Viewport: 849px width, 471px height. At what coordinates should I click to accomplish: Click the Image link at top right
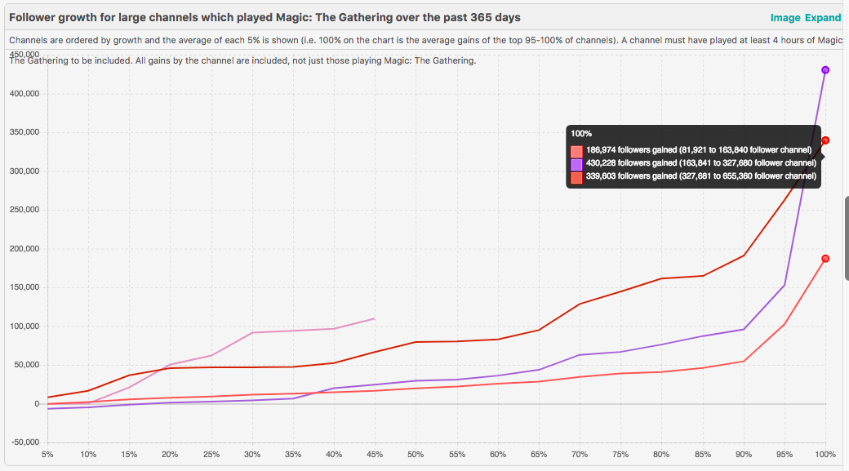pyautogui.click(x=785, y=18)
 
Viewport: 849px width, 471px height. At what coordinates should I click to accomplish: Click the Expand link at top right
pyautogui.click(x=823, y=18)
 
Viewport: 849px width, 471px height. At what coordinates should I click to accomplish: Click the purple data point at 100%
pyautogui.click(x=825, y=70)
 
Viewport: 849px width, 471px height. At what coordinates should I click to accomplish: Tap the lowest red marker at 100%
pyautogui.click(x=825, y=259)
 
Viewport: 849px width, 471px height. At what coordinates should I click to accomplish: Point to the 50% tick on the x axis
pyautogui.click(x=416, y=454)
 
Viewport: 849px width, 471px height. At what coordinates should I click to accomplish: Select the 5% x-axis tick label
pyautogui.click(x=47, y=454)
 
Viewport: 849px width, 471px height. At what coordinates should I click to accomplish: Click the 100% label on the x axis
pyautogui.click(x=825, y=454)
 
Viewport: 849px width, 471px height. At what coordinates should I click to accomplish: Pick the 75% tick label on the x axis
pyautogui.click(x=620, y=454)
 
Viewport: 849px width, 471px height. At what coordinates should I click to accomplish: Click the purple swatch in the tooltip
pyautogui.click(x=577, y=163)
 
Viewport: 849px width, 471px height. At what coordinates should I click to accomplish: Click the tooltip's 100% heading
pyautogui.click(x=581, y=133)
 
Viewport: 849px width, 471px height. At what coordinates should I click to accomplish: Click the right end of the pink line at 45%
pyautogui.click(x=374, y=318)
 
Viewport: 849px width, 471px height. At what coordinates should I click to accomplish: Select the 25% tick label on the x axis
pyautogui.click(x=211, y=454)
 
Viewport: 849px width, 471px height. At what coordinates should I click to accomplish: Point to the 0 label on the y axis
pyautogui.click(x=36, y=404)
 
